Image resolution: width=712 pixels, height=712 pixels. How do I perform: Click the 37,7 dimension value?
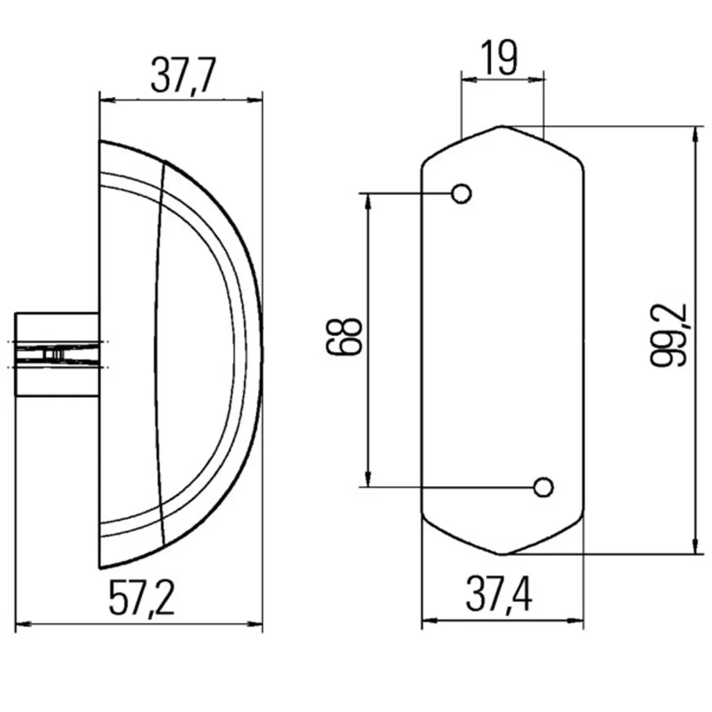click(183, 75)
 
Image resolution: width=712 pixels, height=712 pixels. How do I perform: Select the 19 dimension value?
click(499, 58)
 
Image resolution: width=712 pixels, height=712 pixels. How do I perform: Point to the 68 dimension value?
click(344, 336)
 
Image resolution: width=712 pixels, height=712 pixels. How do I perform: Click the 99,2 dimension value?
click(668, 335)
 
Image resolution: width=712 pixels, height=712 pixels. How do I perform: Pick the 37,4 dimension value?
click(499, 594)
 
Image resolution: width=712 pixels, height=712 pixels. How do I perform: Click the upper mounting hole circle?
click(462, 193)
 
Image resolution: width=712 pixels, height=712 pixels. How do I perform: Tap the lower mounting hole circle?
click(543, 487)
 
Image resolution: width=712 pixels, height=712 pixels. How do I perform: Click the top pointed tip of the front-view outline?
click(502, 127)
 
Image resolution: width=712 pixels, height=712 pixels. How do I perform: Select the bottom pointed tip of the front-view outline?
click(502, 554)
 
